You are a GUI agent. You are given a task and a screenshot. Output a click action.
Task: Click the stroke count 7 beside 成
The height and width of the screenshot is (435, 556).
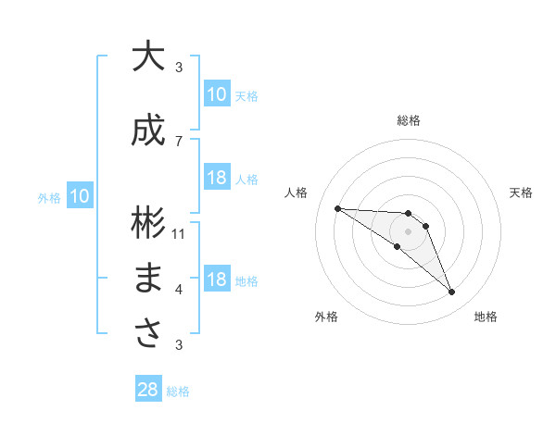click(179, 141)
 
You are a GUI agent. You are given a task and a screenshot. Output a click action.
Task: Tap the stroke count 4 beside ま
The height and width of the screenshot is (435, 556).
click(179, 290)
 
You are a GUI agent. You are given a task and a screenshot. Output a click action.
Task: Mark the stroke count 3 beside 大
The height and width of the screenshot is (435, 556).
click(179, 68)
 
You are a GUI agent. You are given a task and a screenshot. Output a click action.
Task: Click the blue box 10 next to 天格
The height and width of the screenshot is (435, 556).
click(216, 93)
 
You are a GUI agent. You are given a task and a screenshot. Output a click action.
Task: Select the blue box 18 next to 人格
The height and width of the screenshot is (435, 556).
click(216, 178)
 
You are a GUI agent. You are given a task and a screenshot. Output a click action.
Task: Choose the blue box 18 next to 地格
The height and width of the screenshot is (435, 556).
click(216, 280)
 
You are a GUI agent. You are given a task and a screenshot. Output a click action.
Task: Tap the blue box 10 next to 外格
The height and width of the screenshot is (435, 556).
click(79, 195)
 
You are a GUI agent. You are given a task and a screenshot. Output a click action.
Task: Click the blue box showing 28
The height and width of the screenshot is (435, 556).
click(148, 390)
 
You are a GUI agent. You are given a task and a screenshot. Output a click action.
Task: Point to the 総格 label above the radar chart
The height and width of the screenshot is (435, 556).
click(408, 120)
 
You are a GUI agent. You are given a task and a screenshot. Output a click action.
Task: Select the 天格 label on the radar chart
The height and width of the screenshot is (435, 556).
click(521, 193)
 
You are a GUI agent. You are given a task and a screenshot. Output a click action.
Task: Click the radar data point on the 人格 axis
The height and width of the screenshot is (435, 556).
click(337, 208)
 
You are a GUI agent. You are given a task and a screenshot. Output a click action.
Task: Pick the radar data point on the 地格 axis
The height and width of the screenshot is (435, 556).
click(452, 292)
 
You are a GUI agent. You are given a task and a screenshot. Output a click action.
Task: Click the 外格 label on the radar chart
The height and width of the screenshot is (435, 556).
click(325, 317)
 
